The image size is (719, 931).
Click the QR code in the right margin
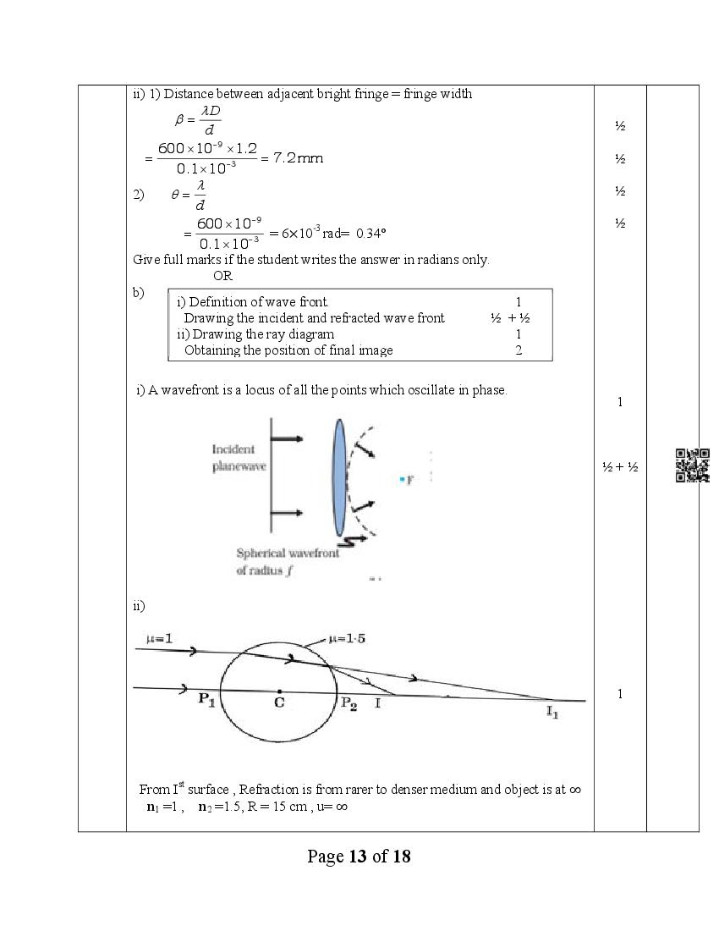coord(692,465)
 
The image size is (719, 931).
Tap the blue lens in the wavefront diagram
coord(339,478)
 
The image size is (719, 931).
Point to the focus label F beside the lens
coord(409,480)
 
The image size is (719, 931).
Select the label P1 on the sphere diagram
coord(206,699)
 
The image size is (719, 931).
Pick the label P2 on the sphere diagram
coord(348,703)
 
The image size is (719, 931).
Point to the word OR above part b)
coord(222,276)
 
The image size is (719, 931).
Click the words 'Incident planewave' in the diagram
coord(233,458)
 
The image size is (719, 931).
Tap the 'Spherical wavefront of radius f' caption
coord(288,562)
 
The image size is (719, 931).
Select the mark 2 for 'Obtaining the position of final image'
coord(519,350)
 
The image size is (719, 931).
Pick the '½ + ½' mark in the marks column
coord(619,466)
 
